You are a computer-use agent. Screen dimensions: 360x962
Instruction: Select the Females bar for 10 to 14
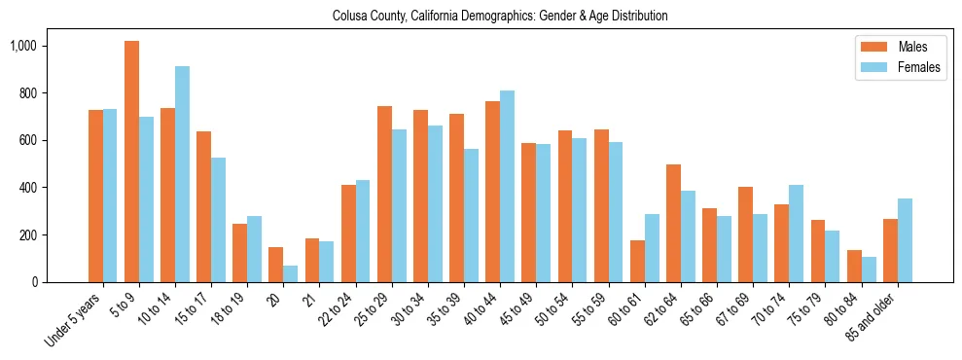pos(182,174)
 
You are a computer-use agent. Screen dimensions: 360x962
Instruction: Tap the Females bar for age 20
pos(290,273)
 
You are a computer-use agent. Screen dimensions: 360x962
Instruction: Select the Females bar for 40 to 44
pos(507,186)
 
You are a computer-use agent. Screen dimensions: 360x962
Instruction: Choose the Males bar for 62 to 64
pos(673,223)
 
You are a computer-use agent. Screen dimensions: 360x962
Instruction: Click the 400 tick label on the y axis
pos(54,188)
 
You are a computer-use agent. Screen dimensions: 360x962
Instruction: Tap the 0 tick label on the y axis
pos(60,282)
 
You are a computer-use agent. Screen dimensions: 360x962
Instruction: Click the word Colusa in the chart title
pos(348,17)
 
